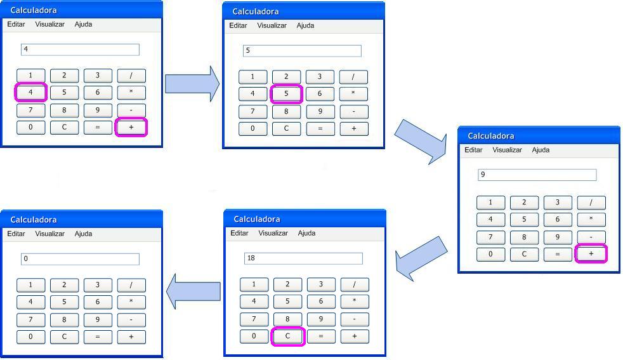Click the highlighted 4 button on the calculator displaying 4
[30, 92]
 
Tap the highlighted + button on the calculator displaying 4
[131, 127]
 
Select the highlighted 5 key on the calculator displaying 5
[286, 94]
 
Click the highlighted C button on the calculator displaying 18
[287, 336]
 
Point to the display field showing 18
[303, 258]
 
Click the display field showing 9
[537, 175]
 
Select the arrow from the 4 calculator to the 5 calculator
[192, 84]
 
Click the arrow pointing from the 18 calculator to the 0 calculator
[193, 291]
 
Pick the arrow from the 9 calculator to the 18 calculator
[421, 258]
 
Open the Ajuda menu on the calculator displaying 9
[541, 150]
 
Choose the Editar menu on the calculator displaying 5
[238, 25]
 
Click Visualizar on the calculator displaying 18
[273, 233]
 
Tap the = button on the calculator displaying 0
[98, 337]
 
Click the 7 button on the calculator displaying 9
[490, 237]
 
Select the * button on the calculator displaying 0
[131, 302]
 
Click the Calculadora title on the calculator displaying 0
[34, 220]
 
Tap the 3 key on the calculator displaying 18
[321, 284]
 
